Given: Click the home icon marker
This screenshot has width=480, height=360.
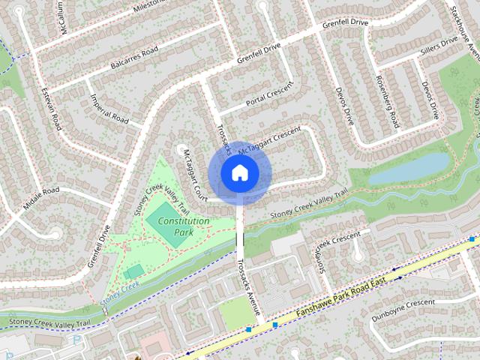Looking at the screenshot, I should [239, 173].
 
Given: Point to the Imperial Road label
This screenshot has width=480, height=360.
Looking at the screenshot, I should [109, 108].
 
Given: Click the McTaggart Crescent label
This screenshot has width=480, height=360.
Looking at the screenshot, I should [269, 142].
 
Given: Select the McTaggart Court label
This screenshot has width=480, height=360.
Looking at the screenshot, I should [193, 171].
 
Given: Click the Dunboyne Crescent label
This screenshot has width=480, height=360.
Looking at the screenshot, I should [403, 310].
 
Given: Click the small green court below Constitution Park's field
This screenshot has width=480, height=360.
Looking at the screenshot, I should [134, 271].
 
